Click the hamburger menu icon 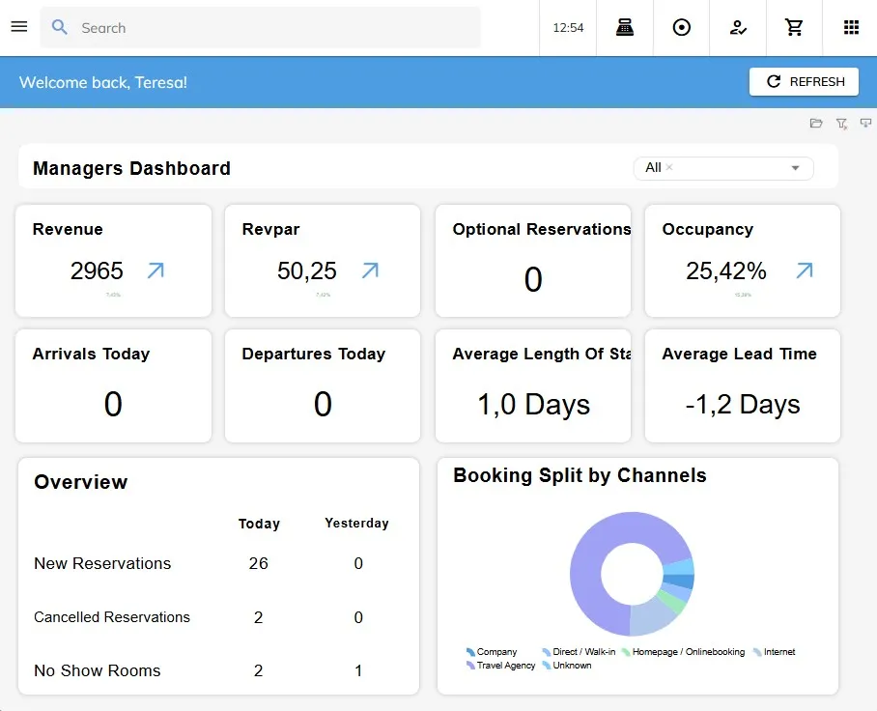click(18, 27)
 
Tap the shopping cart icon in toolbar click(794, 28)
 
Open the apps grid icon click(851, 28)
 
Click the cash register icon click(625, 28)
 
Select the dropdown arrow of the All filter click(795, 168)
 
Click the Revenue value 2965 click(97, 271)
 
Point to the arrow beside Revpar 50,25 click(370, 270)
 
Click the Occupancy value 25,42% click(725, 271)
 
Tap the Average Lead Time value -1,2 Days click(742, 404)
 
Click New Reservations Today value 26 click(258, 563)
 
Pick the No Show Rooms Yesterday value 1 click(357, 670)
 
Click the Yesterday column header click(356, 523)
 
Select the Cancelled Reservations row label click(112, 617)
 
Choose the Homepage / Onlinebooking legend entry click(688, 652)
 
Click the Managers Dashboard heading click(131, 168)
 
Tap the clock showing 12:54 click(568, 28)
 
